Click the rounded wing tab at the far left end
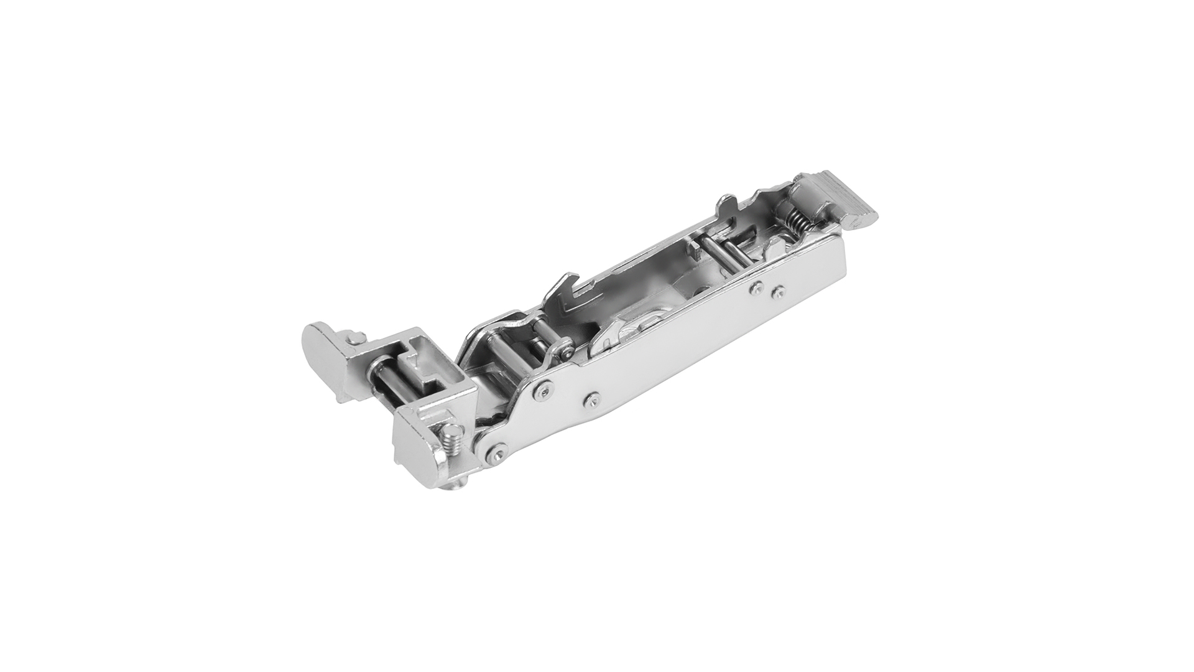point(318,348)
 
